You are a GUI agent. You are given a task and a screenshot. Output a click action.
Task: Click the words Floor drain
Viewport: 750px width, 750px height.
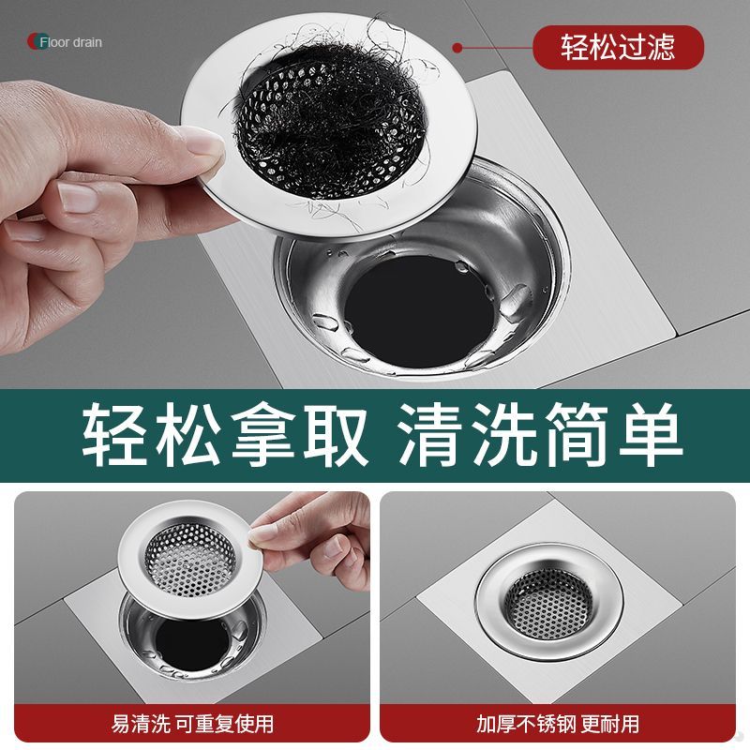pyautogui.click(x=71, y=42)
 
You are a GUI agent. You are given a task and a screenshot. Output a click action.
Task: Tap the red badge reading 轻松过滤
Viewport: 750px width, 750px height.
pyautogui.click(x=618, y=48)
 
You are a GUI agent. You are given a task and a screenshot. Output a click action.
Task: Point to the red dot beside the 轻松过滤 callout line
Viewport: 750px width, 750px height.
pyautogui.click(x=457, y=48)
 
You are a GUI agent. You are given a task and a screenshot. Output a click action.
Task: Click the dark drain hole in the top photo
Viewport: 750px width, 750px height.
pyautogui.click(x=419, y=310)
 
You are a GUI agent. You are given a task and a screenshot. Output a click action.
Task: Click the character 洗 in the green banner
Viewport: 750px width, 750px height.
pyautogui.click(x=504, y=435)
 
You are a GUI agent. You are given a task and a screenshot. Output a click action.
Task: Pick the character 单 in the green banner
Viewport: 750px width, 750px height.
pyautogui.click(x=650, y=435)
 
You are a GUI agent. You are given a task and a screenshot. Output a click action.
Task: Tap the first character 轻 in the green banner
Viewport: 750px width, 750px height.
pyautogui.click(x=114, y=435)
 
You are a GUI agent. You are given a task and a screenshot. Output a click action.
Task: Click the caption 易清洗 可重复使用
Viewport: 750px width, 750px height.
pyautogui.click(x=192, y=724)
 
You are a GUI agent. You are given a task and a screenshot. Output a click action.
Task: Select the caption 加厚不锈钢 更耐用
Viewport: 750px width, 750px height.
pyautogui.click(x=558, y=724)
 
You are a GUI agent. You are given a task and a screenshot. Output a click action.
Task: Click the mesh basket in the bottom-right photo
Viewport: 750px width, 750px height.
pyautogui.click(x=549, y=605)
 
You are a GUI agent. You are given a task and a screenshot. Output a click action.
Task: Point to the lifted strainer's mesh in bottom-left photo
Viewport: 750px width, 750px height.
pyautogui.click(x=190, y=559)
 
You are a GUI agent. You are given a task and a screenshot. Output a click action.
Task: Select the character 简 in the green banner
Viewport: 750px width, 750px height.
pyautogui.click(x=577, y=435)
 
